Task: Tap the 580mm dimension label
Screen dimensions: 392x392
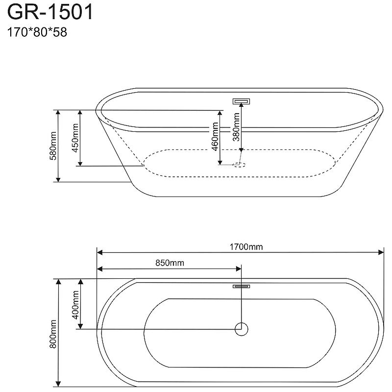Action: point(53,146)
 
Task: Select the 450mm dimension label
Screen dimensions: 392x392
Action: point(75,138)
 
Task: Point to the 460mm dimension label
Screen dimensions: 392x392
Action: point(215,137)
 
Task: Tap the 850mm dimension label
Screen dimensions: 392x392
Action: point(170,263)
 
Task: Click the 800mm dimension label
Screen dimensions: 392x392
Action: point(53,333)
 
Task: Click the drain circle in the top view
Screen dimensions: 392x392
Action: point(242,328)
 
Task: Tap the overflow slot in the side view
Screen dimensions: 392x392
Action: point(242,101)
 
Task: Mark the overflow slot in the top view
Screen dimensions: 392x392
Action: point(242,286)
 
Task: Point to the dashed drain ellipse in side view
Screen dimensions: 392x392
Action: point(240,165)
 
